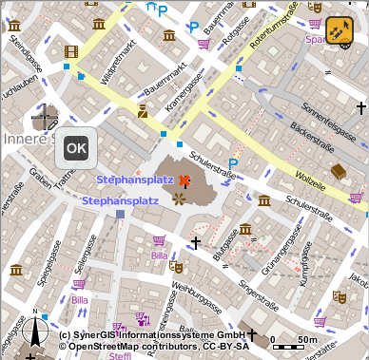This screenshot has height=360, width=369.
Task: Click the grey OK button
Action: pyautogui.click(x=76, y=147)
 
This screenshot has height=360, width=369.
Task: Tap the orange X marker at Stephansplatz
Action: pyautogui.click(x=184, y=180)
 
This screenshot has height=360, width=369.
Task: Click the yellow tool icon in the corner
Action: pyautogui.click(x=339, y=31)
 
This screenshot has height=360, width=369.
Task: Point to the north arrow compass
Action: pyautogui.click(x=36, y=332)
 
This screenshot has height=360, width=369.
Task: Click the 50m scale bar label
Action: pyautogui.click(x=307, y=339)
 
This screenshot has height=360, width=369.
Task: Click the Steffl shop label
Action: pyautogui.click(x=119, y=355)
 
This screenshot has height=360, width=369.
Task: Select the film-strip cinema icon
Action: pyautogui.click(x=70, y=51)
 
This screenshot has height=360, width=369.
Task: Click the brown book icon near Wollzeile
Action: pyautogui.click(x=337, y=171)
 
